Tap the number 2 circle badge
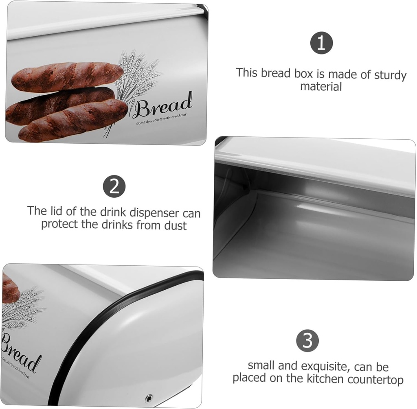pyautogui.click(x=114, y=186)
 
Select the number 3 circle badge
pyautogui.click(x=307, y=340)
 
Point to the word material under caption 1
pyautogui.click(x=321, y=86)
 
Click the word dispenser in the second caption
pyautogui.click(x=156, y=212)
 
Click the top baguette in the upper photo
pyautogui.click(x=67, y=76)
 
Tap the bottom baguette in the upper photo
pyautogui.click(x=73, y=121)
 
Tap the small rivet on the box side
pyautogui.click(x=148, y=397)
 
